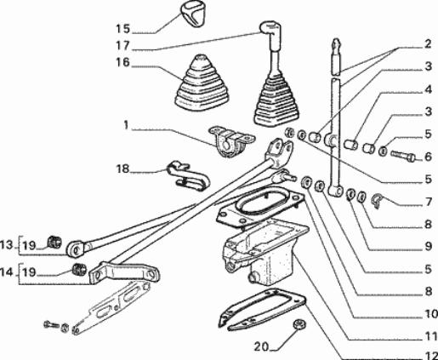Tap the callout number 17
[122, 46]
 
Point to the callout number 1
[126, 125]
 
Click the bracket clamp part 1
[231, 141]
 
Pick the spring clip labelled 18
[188, 176]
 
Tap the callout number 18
[122, 169]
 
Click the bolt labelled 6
[403, 156]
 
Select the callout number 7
[428, 202]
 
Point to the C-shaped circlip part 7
[377, 201]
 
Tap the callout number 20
[261, 346]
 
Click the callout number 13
[7, 244]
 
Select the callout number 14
[7, 272]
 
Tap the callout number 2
[428, 44]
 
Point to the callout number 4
[428, 89]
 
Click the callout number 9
[428, 246]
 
